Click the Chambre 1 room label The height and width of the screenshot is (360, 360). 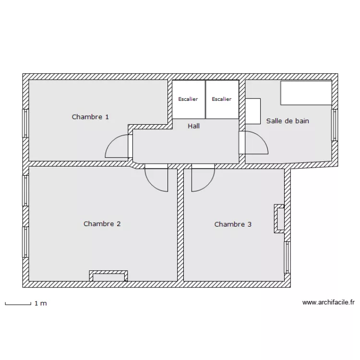pyautogui.click(x=90, y=117)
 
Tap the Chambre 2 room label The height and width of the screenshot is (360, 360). pyautogui.click(x=102, y=224)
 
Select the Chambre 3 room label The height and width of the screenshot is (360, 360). pyautogui.click(x=233, y=224)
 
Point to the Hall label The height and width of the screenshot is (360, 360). pyautogui.click(x=193, y=126)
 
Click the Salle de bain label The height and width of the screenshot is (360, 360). pyautogui.click(x=288, y=121)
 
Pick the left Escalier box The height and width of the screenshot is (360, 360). pyautogui.click(x=188, y=99)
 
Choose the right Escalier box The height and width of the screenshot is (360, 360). pyautogui.click(x=222, y=99)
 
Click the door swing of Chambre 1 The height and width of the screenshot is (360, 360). pyautogui.click(x=118, y=146)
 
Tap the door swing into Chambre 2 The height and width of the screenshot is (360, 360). pyautogui.click(x=156, y=179)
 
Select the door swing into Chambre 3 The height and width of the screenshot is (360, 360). pyautogui.click(x=203, y=179)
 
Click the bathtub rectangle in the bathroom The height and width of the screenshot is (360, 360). pyautogui.click(x=306, y=93)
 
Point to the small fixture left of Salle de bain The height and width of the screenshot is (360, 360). pyautogui.click(x=253, y=112)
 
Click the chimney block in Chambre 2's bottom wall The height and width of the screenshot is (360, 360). pyautogui.click(x=108, y=276)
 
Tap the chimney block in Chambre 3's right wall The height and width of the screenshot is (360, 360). pyautogui.click(x=279, y=219)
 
